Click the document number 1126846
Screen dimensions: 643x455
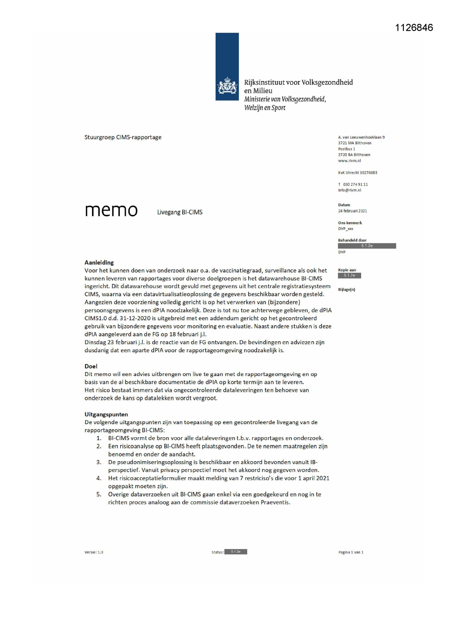(x=414, y=28)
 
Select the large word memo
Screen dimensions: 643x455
(x=111, y=210)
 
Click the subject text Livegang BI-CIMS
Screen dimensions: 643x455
(x=180, y=212)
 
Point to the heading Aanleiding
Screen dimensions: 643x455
(x=99, y=262)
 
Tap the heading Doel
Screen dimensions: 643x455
(x=91, y=366)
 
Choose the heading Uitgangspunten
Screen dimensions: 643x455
(x=106, y=414)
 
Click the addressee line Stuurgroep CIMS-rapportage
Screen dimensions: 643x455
(x=123, y=137)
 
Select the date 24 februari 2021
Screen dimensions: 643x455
(x=352, y=211)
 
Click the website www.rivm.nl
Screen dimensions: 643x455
(x=349, y=161)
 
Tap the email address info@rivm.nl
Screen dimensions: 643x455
(x=349, y=190)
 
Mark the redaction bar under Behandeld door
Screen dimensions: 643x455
(x=367, y=246)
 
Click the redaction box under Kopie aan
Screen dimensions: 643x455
(x=349, y=275)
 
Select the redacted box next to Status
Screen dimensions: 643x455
(x=235, y=552)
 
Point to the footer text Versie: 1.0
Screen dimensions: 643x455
(x=93, y=552)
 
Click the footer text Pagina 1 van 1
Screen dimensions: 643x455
(x=351, y=552)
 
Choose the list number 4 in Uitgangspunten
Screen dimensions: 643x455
(x=99, y=478)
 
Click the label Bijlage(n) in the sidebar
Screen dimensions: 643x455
(x=346, y=290)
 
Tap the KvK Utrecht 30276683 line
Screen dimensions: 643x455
(x=357, y=172)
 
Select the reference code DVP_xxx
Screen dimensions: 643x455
(x=345, y=228)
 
